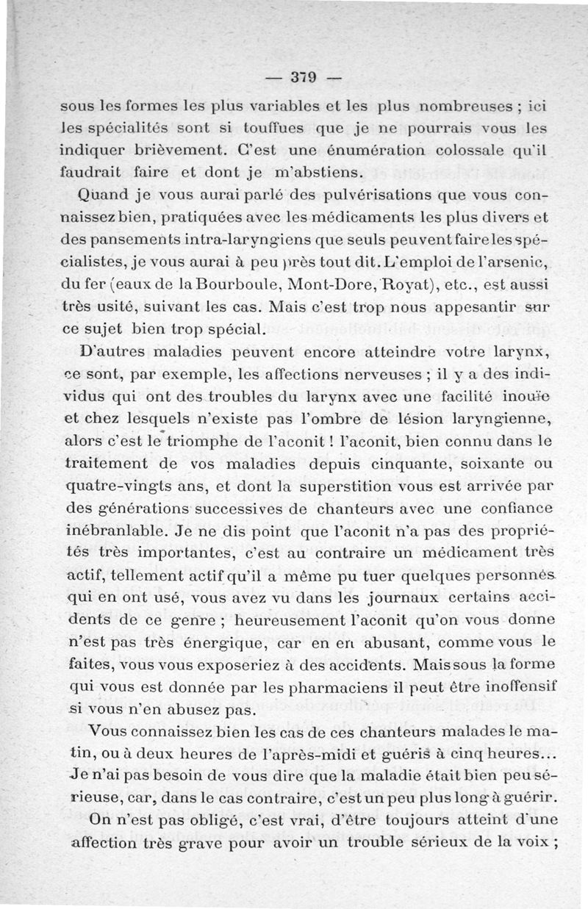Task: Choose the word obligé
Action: [x=193, y=818]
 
